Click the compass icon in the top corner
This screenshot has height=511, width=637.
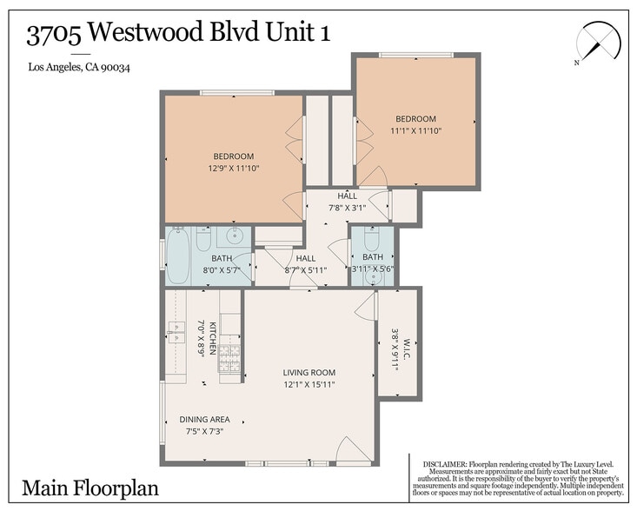pyautogui.click(x=599, y=42)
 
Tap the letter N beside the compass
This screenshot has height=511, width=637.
pyautogui.click(x=576, y=63)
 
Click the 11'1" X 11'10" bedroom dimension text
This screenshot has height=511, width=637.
pyautogui.click(x=415, y=131)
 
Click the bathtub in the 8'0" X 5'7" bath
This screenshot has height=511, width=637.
pyautogui.click(x=177, y=256)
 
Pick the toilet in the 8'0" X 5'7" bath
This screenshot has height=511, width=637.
pyautogui.click(x=203, y=237)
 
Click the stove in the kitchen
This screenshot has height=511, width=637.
pyautogui.click(x=229, y=358)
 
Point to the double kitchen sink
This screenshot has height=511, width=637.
pyautogui.click(x=176, y=331)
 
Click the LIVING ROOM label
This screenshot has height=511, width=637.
pyautogui.click(x=309, y=373)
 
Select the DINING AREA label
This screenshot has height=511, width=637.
pyautogui.click(x=204, y=419)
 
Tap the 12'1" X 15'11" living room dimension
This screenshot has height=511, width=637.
pyautogui.click(x=309, y=384)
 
